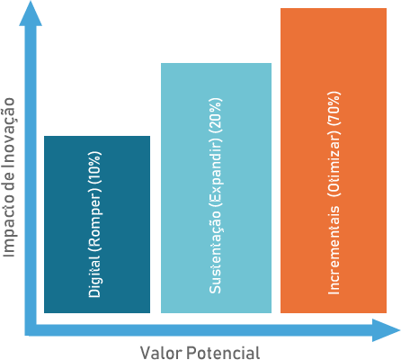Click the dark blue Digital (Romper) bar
coord(97,224)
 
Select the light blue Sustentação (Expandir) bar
coord(216,188)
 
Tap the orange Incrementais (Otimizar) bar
coord(334,160)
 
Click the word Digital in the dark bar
coord(95,277)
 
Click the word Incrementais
coord(334,250)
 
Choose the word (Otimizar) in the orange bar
coord(334,164)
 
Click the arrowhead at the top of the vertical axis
coord(31,13)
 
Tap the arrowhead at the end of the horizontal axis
coord(386,330)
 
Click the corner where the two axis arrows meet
coord(31,330)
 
